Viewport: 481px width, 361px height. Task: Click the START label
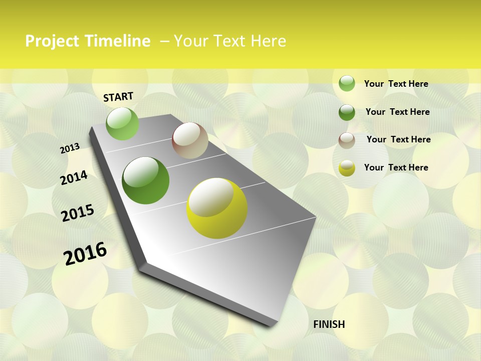(118, 97)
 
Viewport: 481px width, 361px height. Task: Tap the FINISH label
(329, 324)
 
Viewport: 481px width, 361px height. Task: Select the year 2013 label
(70, 148)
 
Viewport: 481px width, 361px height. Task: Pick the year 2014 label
(74, 177)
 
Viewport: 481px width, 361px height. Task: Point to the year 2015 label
(78, 213)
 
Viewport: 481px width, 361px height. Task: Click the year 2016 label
(85, 253)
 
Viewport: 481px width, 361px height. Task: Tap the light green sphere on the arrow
(122, 123)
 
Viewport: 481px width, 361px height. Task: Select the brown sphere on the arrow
(190, 140)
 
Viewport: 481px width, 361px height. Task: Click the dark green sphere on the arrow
(146, 180)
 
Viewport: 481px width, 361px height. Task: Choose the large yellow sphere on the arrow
(217, 208)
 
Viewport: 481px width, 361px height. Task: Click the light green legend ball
(347, 83)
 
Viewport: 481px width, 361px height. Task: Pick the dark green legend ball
(347, 112)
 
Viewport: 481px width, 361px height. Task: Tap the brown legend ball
(347, 140)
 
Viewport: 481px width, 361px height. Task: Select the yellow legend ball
(347, 168)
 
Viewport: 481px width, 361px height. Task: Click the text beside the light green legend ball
(396, 84)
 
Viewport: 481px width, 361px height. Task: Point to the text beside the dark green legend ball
(397, 112)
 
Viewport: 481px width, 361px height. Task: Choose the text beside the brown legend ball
(398, 139)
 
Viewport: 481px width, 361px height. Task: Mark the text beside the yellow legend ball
(396, 167)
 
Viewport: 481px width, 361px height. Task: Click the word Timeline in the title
(117, 41)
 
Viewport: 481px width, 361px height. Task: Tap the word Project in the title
(53, 41)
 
